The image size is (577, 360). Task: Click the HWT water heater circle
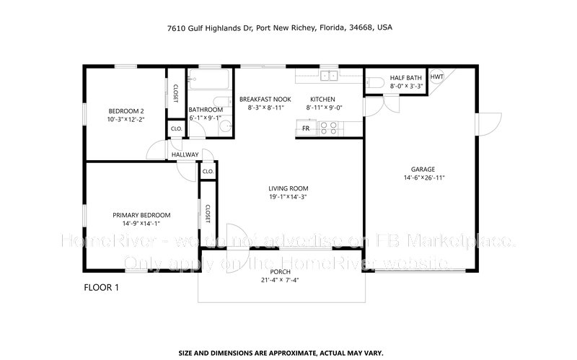point(437,76)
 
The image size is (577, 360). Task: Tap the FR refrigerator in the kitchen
point(306,128)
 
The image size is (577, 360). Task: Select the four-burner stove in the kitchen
point(328,128)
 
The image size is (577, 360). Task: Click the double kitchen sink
point(328,74)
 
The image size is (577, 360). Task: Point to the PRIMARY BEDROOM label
point(141,215)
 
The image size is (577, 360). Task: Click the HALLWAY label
point(185,155)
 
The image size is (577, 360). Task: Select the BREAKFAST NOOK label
point(265,99)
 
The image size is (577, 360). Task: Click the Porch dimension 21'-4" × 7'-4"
point(281,280)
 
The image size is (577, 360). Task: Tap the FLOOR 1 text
point(102,287)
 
